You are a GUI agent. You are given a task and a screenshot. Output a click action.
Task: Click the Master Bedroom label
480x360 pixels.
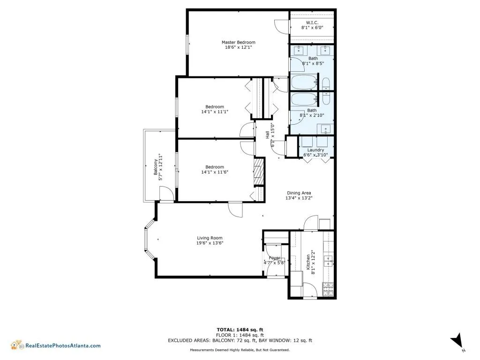pyautogui.click(x=238, y=42)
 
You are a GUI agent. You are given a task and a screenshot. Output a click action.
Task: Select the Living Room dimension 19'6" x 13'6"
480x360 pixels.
pyautogui.click(x=210, y=243)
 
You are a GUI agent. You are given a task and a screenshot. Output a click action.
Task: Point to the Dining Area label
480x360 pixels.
pyautogui.click(x=299, y=193)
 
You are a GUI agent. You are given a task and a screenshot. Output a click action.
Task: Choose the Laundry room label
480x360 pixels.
pyautogui.click(x=315, y=150)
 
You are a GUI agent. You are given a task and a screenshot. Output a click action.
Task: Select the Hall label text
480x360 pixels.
pyautogui.click(x=268, y=135)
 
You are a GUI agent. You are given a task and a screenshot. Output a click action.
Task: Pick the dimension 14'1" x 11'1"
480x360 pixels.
pyautogui.click(x=214, y=112)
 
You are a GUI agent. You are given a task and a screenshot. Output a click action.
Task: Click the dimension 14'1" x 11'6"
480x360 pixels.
pyautogui.click(x=214, y=172)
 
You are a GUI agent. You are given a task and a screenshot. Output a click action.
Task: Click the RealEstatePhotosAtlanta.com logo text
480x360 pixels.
pyautogui.click(x=62, y=345)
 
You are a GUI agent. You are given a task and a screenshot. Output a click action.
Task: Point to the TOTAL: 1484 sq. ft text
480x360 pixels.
pyautogui.click(x=243, y=330)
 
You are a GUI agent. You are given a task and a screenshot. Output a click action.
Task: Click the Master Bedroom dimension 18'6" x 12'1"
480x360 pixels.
pyautogui.click(x=238, y=48)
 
